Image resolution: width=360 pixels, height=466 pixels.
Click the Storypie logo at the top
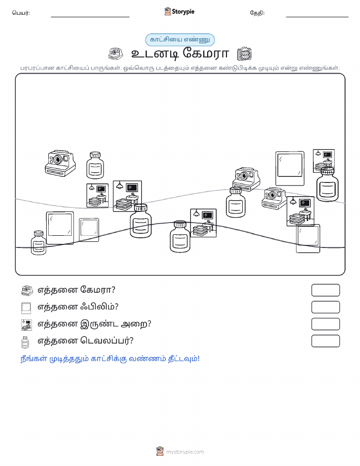coord(179,12)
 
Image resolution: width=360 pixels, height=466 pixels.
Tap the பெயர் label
coord(21,13)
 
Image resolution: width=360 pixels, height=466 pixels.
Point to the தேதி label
coord(257,13)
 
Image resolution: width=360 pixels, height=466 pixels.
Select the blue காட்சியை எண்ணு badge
coord(180,40)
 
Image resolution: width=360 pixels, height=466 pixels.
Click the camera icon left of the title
coord(116,54)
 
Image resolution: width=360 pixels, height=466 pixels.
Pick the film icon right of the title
coord(244,54)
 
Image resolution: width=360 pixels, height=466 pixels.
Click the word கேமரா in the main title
coord(206,53)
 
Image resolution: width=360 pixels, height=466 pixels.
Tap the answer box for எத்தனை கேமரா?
coord(325,290)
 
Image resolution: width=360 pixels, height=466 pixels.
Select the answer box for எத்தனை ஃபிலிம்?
coord(325,307)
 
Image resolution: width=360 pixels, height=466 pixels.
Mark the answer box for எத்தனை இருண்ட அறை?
coord(325,324)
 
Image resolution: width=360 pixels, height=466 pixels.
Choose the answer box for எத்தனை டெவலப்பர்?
coord(325,341)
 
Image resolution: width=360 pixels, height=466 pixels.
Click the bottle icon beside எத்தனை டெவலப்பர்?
coord(25,342)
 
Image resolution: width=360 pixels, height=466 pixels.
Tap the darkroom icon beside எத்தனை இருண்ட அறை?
coord(26,325)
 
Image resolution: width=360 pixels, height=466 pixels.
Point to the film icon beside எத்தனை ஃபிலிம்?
coord(26,308)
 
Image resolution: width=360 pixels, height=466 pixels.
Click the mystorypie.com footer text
coord(185,452)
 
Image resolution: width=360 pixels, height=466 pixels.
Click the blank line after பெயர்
coord(90,17)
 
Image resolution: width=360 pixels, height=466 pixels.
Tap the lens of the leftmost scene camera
coord(58,160)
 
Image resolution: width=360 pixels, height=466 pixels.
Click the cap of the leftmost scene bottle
coord(39,234)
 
